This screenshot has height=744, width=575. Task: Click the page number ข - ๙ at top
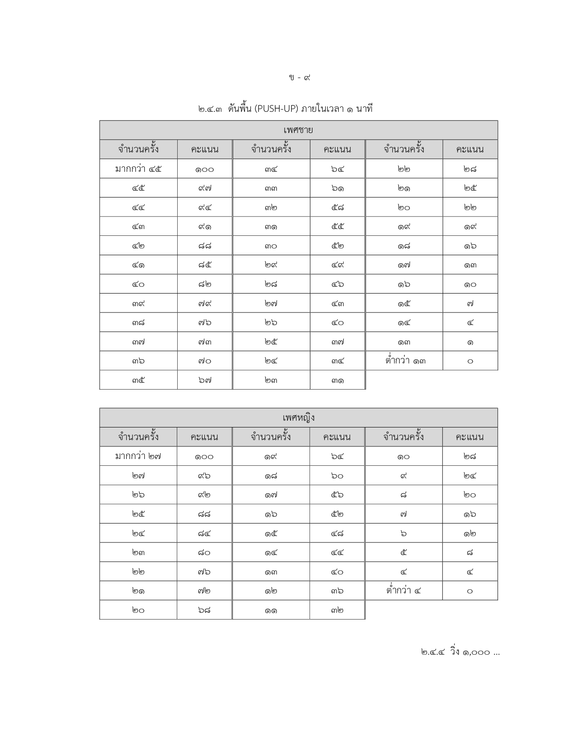299,78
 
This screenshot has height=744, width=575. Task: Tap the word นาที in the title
364,109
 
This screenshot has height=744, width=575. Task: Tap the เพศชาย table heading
299,130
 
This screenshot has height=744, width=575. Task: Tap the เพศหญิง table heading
299,418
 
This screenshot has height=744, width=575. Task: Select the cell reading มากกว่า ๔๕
138,169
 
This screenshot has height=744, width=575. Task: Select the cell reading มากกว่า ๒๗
138,456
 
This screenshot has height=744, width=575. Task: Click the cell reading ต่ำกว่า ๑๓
405,361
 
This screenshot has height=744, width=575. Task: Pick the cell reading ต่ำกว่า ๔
404,591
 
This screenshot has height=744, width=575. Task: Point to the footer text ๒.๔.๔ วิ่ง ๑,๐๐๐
460,652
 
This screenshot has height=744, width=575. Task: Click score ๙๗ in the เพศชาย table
205,188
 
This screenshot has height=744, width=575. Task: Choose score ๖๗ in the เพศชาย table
205,380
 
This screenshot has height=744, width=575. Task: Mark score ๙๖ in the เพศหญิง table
204,476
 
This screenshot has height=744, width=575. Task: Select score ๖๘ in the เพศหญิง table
204,610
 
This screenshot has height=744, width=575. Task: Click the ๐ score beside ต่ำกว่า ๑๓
470,361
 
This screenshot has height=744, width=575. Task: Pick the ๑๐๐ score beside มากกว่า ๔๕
205,169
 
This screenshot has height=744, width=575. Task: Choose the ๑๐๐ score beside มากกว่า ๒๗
204,456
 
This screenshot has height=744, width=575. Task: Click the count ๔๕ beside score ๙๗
138,188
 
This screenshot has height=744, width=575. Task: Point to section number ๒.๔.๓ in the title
210,109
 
